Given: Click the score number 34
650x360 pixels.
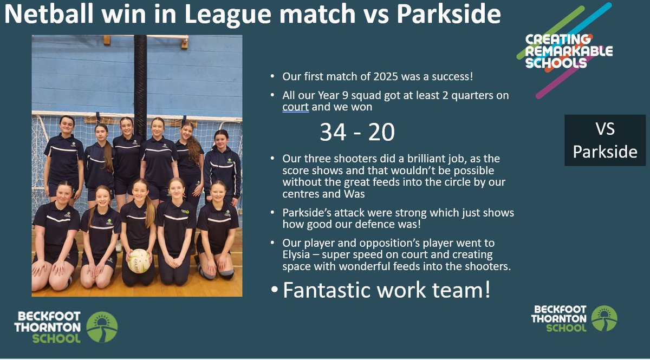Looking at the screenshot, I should [x=333, y=132].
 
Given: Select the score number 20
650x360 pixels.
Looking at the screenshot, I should [x=381, y=132].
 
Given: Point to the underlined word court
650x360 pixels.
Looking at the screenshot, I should [x=296, y=107].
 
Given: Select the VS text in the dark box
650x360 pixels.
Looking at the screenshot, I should [x=604, y=130].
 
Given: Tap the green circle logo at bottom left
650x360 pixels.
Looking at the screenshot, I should [x=102, y=327].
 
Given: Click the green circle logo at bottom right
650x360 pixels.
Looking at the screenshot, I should [x=604, y=318].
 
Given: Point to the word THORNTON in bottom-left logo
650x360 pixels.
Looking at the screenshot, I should [x=47, y=327].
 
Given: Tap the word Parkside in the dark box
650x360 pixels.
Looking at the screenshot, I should [x=604, y=152].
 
